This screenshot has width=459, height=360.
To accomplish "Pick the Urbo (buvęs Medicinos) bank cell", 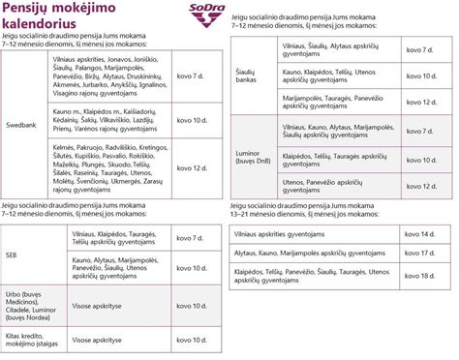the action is [x=28, y=301].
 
